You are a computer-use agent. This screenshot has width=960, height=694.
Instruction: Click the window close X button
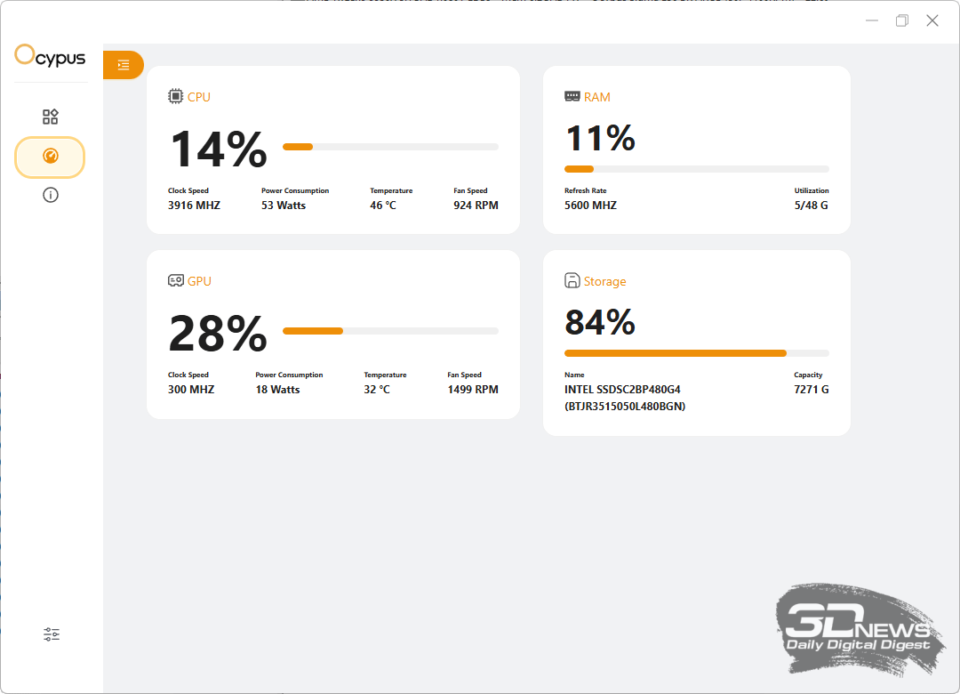[x=932, y=20]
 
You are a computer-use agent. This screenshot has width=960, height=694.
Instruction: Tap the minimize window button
[x=872, y=20]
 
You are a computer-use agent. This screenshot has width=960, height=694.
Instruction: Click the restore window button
[x=902, y=20]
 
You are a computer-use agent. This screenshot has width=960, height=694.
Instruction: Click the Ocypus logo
[x=51, y=57]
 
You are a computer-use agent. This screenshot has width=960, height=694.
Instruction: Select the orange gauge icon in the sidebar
[x=50, y=157]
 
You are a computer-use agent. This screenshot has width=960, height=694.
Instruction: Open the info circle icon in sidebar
[x=51, y=195]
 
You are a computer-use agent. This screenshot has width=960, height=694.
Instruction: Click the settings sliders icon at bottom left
[x=52, y=634]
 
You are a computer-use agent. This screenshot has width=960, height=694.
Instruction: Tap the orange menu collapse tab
[x=124, y=65]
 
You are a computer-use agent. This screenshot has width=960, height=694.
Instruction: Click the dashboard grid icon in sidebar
[x=51, y=117]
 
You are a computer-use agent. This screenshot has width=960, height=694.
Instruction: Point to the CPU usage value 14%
[x=218, y=149]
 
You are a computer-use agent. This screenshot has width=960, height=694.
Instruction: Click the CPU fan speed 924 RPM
[x=476, y=206]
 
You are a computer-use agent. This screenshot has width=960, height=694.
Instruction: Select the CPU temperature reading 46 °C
[x=383, y=206]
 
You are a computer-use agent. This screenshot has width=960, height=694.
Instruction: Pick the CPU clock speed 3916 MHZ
[x=194, y=206]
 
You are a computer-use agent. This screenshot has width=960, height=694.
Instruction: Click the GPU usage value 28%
[x=218, y=334]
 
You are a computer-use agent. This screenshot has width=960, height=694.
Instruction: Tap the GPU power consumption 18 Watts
[x=277, y=390]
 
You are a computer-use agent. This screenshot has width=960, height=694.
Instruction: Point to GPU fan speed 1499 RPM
[x=472, y=390]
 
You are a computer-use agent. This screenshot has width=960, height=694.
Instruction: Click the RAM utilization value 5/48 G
[x=812, y=206]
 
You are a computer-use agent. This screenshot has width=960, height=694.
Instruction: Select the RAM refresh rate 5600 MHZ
[x=590, y=206]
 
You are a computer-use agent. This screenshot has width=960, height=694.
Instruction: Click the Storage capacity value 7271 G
[x=812, y=390]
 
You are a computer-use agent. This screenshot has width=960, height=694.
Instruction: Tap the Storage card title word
[x=604, y=281]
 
